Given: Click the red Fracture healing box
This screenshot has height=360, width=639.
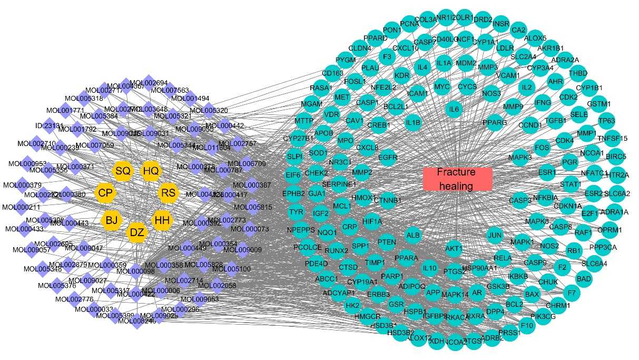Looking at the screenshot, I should pyautogui.click(x=457, y=179).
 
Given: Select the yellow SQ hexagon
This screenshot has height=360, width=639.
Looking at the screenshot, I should pyautogui.click(x=123, y=171).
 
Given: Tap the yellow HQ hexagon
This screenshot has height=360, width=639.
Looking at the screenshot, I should pyautogui.click(x=151, y=171).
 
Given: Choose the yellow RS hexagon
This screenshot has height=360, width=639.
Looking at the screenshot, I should pyautogui.click(x=168, y=193).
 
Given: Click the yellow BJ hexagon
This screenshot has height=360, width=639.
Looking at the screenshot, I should pyautogui.click(x=112, y=220).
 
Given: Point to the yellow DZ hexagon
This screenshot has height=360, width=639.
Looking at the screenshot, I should pyautogui.click(x=137, y=231).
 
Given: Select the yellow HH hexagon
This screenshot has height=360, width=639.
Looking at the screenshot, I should pyautogui.click(x=161, y=220).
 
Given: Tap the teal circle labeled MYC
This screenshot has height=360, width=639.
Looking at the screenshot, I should pyautogui.click(x=441, y=86).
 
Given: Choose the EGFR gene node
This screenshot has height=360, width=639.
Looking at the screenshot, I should pyautogui.click(x=388, y=157).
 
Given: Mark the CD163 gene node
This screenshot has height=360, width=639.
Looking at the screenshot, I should pyautogui.click(x=332, y=73).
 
